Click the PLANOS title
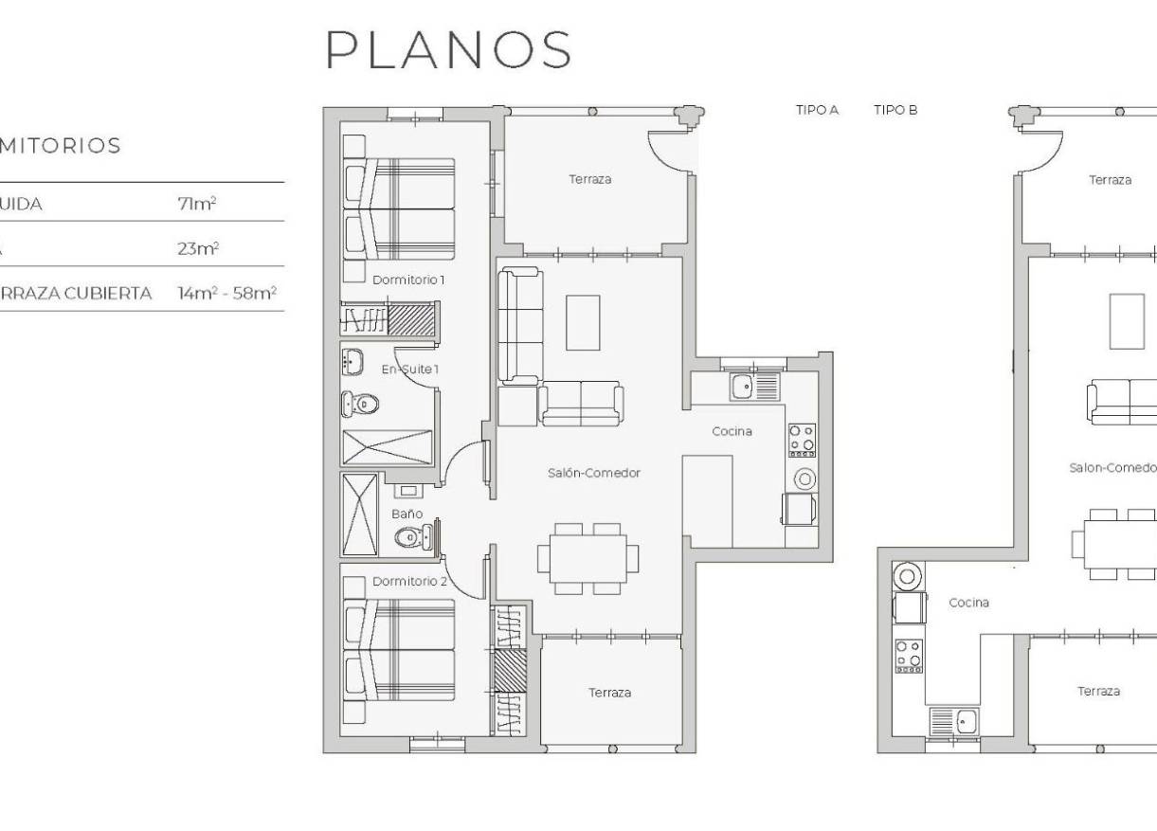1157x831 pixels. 448,49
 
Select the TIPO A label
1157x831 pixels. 817,110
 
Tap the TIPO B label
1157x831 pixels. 895,110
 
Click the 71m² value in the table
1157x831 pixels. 198,204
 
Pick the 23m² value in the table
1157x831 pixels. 198,248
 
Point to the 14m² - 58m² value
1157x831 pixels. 226,293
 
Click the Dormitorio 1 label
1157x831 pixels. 407,280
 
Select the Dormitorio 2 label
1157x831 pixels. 409,581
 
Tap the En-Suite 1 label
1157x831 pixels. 409,369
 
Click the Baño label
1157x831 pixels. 407,514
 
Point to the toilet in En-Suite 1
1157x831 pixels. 360,405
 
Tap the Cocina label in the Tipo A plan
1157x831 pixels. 732,431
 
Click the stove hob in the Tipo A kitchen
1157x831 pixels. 802,440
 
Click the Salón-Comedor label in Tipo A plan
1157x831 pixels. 594,473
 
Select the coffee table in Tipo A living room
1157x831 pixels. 583,322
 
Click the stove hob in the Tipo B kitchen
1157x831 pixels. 909,656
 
